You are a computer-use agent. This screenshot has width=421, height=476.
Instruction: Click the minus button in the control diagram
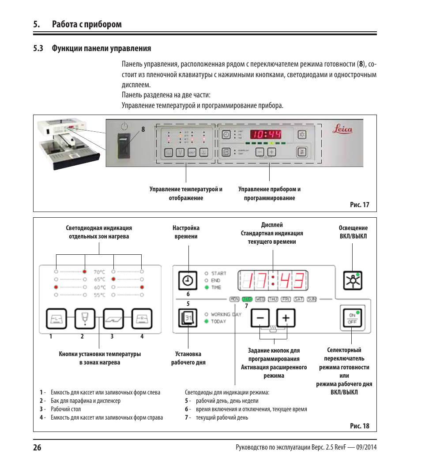260,318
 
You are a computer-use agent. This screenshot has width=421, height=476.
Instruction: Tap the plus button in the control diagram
286,318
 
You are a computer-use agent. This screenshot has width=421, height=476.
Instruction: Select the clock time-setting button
188,280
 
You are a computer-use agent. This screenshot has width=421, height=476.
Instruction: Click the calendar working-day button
188,318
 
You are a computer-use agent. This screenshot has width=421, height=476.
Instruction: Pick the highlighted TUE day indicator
247,299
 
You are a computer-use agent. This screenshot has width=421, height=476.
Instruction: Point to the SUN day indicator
312,299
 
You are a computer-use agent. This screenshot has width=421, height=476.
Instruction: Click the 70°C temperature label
99,272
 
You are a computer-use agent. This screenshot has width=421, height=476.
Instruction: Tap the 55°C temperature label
99,295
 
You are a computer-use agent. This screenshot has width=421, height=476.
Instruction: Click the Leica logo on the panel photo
342,129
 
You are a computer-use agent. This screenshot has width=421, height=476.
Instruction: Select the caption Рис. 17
359,205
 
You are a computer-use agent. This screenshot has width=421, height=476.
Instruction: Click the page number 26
37,447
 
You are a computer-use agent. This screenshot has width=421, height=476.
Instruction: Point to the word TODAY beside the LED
218,321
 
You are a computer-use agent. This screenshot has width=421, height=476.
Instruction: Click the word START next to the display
218,273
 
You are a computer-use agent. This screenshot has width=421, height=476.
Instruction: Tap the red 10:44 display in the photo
266,134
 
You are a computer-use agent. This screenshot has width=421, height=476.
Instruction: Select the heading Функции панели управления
101,48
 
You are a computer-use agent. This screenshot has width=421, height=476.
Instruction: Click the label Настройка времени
186,232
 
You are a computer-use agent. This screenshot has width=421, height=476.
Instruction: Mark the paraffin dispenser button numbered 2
85,318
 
